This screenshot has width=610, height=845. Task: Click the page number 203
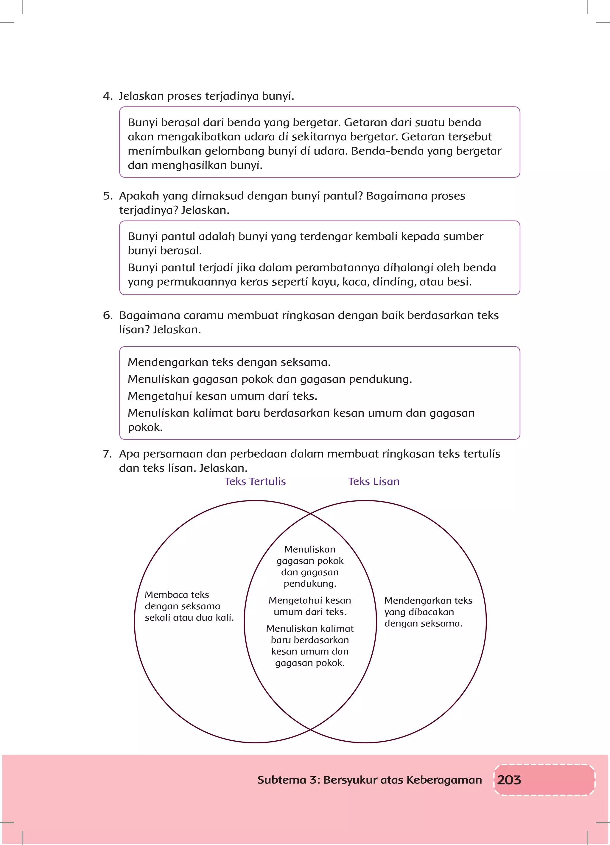pyautogui.click(x=509, y=780)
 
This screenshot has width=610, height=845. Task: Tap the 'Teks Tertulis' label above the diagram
pyautogui.click(x=255, y=481)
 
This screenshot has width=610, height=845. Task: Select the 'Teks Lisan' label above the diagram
pyautogui.click(x=374, y=481)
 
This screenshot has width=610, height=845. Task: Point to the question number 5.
pyautogui.click(x=107, y=196)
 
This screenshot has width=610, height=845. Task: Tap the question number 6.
pyautogui.click(x=107, y=316)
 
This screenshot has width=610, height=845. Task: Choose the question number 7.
pyautogui.click(x=107, y=454)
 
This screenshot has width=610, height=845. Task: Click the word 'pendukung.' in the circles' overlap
pyautogui.click(x=310, y=584)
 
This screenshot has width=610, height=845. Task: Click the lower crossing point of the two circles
pyautogui.click(x=310, y=729)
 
